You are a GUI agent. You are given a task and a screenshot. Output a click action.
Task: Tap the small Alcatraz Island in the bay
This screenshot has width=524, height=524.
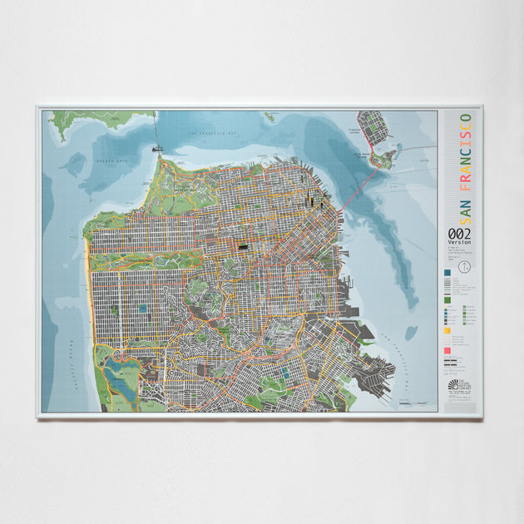point(269,117)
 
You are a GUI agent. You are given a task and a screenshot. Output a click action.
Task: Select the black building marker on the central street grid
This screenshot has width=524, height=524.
point(243,246)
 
